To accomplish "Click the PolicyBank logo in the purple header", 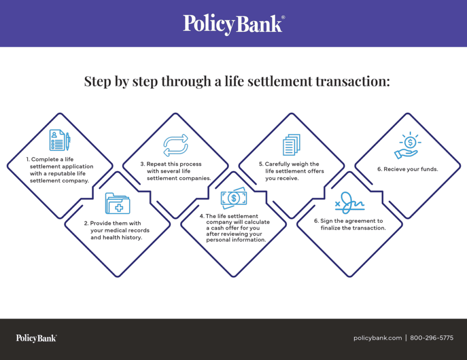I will coord(233,23).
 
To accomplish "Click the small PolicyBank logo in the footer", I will coord(36,338).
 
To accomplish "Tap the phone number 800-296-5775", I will coord(432,338).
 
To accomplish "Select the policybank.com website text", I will coord(377,338).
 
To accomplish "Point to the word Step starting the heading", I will coord(97,81).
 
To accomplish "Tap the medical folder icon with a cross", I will coord(117,203).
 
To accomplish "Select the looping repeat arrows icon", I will coord(175,145).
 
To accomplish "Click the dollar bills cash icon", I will coord(233,198).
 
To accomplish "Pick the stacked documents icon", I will coord(291,145).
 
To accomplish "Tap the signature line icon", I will coord(349,203).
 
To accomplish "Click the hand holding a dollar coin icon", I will coord(407,146).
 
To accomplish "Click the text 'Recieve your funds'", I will coord(410,169).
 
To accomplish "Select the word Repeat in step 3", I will coord(156,164).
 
